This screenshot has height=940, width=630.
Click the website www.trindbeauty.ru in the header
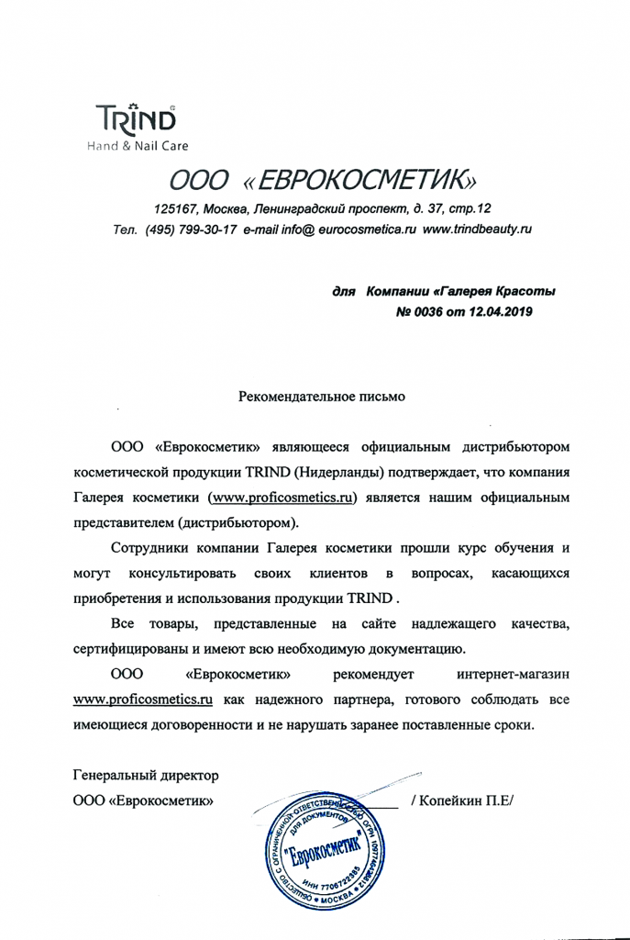click(x=477, y=229)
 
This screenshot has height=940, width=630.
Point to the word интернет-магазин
click(x=515, y=675)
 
